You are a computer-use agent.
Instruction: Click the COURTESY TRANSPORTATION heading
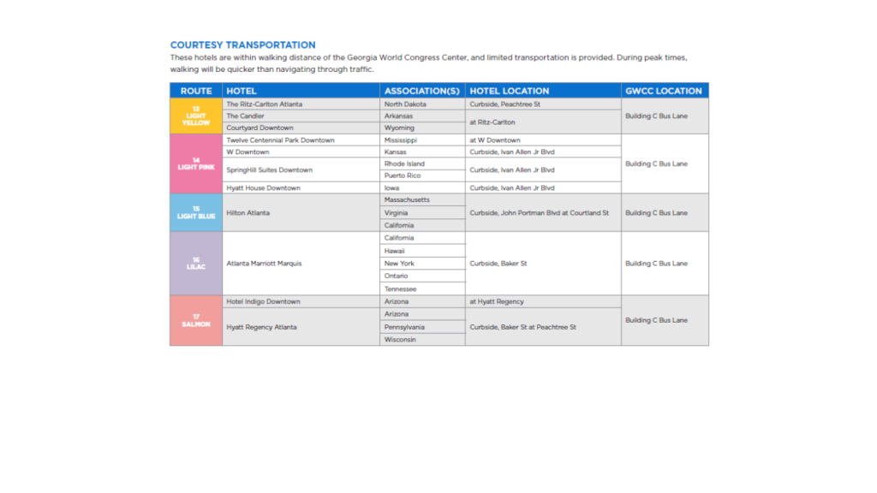coord(242,45)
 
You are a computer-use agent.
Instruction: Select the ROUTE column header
coord(196,91)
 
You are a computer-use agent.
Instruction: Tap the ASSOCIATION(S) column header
coord(422,91)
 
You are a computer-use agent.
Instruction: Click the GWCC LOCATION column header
coord(663,91)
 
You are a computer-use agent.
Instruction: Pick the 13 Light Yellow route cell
coord(196,116)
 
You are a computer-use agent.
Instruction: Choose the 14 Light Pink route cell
coord(196,163)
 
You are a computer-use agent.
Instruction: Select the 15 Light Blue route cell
coord(196,212)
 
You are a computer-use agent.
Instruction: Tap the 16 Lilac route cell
coord(196,264)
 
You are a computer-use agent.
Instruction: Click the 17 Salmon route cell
coord(196,321)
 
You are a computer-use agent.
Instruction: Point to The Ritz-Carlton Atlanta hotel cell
coord(265,104)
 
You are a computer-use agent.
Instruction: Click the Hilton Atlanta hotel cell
coord(248,212)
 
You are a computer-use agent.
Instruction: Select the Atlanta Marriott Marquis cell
coord(264,264)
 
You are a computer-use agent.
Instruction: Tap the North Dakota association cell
coord(405,104)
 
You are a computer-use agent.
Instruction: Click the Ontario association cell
coord(397,276)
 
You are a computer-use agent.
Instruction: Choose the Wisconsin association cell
coord(400,340)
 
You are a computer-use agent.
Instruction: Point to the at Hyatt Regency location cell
coord(497,302)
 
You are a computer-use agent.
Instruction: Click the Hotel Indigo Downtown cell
coord(263,302)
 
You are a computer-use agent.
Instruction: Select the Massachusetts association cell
coord(408,200)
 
